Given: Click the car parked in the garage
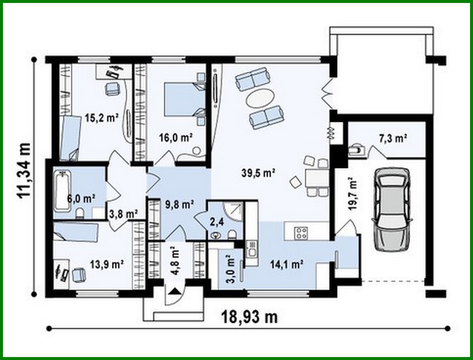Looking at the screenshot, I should tap(391, 210).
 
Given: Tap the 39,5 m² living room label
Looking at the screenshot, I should tap(258, 172).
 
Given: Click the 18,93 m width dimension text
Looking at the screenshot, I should tap(250, 317).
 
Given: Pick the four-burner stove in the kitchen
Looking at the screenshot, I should tap(301, 233).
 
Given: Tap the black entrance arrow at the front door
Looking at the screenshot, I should tap(176, 290).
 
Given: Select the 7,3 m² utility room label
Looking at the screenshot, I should tap(393, 139).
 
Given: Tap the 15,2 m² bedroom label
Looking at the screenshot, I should tap(101, 117).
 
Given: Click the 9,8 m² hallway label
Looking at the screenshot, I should tap(179, 205).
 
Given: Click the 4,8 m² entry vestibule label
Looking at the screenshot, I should tap(175, 261).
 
